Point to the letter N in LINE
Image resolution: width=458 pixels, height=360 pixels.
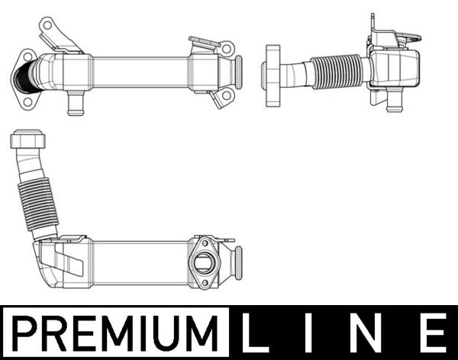click(x=371, y=333)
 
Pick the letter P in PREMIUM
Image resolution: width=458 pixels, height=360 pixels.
click(x=28, y=333)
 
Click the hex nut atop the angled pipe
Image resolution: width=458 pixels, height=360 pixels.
click(x=27, y=141)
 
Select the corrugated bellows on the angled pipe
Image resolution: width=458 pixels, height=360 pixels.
click(x=36, y=204)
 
